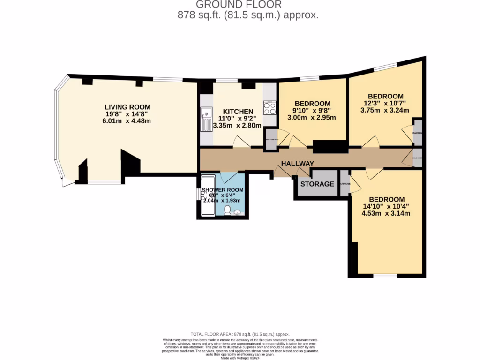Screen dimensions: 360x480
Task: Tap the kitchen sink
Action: [206, 120]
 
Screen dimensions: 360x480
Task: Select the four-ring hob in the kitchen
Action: [270, 108]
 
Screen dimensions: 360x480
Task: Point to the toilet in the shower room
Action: [228, 210]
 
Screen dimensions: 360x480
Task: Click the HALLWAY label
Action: [297, 163]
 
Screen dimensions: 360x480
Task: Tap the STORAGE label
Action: [317, 184]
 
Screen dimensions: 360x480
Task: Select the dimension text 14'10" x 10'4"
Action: [386, 206]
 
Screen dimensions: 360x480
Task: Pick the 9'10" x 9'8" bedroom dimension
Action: [312, 111]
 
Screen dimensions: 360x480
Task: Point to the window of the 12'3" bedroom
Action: [385, 67]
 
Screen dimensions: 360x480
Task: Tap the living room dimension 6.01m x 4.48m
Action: [127, 121]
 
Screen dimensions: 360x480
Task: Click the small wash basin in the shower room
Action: [204, 195]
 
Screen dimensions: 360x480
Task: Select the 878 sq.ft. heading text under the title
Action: [248, 15]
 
